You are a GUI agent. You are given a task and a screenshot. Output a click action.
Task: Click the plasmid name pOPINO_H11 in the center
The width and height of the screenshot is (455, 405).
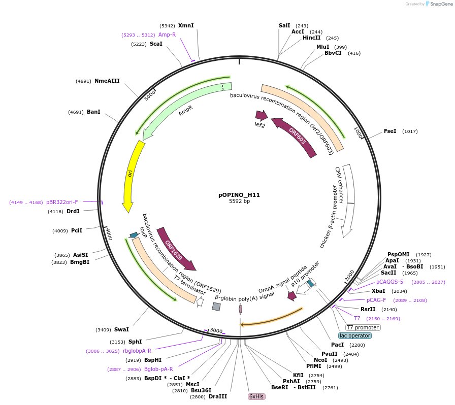point(239,194)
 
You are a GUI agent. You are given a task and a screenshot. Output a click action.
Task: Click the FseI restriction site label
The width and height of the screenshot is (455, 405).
point(390,131)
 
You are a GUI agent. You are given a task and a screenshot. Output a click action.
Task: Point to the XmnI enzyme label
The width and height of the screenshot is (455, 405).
point(186,25)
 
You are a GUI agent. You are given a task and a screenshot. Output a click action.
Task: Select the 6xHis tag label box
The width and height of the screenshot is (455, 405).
point(256,396)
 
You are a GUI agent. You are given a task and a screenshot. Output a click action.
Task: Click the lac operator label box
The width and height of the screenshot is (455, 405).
point(359,335)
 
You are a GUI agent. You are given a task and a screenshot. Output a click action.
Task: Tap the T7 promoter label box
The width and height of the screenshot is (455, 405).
point(363,327)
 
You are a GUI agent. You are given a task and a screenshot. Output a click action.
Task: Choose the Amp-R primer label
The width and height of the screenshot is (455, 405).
point(167,35)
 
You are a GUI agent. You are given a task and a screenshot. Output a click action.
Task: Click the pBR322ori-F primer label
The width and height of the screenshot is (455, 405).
point(62,202)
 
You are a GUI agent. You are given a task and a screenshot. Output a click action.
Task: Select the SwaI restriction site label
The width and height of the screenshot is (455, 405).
point(121,329)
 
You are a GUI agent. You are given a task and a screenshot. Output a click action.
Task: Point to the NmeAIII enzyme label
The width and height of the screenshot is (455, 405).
point(107,80)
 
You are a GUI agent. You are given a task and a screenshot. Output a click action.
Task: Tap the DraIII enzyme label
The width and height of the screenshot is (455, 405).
point(218,396)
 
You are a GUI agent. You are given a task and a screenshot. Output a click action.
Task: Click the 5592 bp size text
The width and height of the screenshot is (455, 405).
point(239,201)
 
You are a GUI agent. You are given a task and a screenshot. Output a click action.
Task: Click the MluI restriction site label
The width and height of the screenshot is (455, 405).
point(323,47)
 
